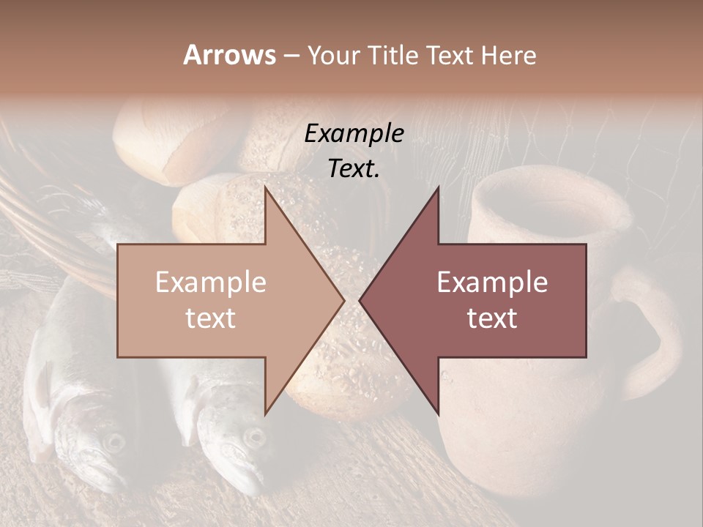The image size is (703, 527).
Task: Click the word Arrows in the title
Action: point(230,55)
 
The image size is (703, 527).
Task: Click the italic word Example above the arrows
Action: point(354,134)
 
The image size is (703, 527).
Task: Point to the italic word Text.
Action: point(354,169)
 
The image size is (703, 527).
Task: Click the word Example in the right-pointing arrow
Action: point(211,283)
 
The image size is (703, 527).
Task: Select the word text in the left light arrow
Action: point(211,318)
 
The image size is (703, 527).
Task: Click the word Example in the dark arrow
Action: point(492,283)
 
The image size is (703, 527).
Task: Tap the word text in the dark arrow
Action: point(492,318)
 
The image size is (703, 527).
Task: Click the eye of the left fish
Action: point(114,441)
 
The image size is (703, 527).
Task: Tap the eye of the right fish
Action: point(254,437)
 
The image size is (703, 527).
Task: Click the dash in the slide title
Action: point(291,56)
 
